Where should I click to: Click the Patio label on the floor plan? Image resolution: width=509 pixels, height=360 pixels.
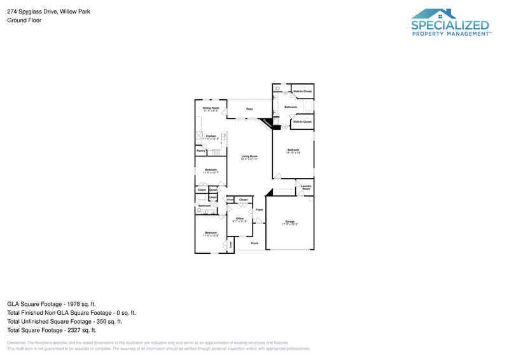[x=250, y=109]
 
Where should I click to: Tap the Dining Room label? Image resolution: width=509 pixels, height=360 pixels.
[x=211, y=108]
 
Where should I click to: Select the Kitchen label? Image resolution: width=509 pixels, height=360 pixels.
[x=211, y=136]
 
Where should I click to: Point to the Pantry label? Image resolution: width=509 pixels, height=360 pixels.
[x=200, y=151]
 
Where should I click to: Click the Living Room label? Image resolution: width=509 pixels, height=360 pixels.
[x=249, y=156]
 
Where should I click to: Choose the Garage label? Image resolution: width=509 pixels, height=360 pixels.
[x=289, y=221]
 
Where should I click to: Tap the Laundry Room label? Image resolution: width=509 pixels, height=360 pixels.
[x=306, y=188]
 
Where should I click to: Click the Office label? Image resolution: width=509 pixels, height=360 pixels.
[x=240, y=219]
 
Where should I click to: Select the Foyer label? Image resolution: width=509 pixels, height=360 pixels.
[x=259, y=209]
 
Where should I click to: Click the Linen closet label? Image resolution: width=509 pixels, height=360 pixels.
[x=213, y=197]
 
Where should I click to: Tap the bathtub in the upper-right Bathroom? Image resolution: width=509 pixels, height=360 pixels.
[x=308, y=106]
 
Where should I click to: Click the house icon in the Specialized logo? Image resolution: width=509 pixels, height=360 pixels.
[x=434, y=13]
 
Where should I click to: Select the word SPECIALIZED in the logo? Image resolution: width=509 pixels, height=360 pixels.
[x=450, y=25]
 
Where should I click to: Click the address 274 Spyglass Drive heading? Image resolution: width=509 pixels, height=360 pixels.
[x=48, y=11]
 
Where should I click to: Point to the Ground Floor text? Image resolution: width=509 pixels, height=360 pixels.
[x=24, y=20]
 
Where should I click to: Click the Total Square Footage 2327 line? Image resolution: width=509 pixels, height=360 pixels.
[x=52, y=330]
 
